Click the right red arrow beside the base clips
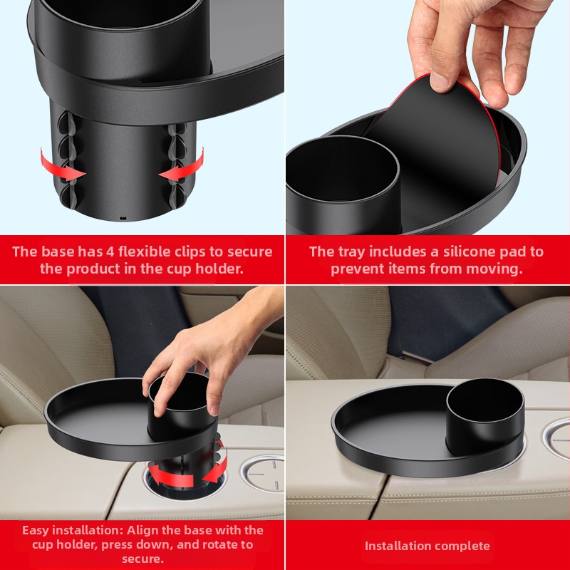[184, 167]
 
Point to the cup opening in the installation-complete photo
[485, 400]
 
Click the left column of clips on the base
[67, 160]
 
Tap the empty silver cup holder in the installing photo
[263, 473]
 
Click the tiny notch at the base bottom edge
[123, 219]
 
